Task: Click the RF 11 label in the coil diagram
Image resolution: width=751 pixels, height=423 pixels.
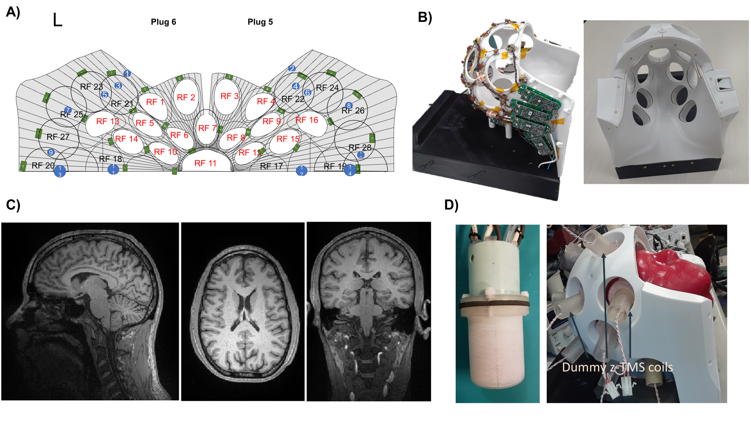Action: click(x=205, y=163)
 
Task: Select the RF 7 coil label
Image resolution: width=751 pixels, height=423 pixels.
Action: click(x=207, y=128)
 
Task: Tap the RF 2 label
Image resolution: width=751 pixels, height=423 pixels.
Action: click(x=186, y=97)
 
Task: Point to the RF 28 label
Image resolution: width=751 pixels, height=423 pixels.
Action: click(x=360, y=148)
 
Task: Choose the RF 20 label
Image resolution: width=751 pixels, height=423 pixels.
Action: click(x=43, y=166)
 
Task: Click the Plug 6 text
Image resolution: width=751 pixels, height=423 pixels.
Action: click(x=163, y=22)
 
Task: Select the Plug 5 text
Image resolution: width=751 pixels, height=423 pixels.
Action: click(x=260, y=22)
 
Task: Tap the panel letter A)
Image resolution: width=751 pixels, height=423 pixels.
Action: click(x=13, y=12)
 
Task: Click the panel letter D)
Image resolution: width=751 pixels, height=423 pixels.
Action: click(x=451, y=205)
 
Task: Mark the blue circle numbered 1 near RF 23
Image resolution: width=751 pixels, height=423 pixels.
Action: click(x=127, y=74)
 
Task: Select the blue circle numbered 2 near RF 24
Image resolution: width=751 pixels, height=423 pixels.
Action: click(x=292, y=69)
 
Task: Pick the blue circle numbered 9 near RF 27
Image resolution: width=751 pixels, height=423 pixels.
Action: click(x=51, y=152)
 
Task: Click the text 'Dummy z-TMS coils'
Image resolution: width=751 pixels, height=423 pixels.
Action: click(x=617, y=367)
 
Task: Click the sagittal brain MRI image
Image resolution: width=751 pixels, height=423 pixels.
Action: click(x=90, y=311)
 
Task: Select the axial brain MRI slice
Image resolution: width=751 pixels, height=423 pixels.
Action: click(x=243, y=312)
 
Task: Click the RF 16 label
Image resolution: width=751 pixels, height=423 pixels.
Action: click(x=307, y=120)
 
